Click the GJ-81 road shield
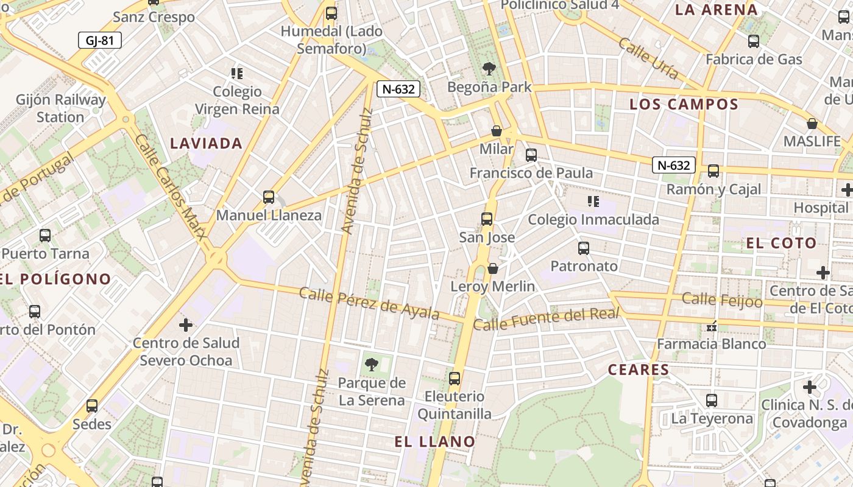tap(100, 41)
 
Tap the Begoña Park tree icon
tap(489, 68)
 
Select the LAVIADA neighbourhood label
tap(207, 144)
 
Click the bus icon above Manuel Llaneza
tap(269, 197)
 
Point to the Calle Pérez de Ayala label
tap(369, 303)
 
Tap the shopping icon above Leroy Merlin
tap(493, 268)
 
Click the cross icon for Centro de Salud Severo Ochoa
tap(186, 325)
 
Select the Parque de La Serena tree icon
tap(371, 365)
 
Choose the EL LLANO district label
tap(434, 442)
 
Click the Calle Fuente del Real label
tap(547, 319)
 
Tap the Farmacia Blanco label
tap(711, 344)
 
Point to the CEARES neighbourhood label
tap(639, 370)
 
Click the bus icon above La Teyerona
tap(712, 401)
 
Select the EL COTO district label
tap(781, 243)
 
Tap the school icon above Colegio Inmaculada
tap(593, 201)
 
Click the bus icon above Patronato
tap(584, 248)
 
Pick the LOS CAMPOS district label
tap(684, 104)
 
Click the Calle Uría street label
tap(648, 58)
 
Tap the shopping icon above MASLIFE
tap(812, 124)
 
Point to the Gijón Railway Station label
tap(61, 108)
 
